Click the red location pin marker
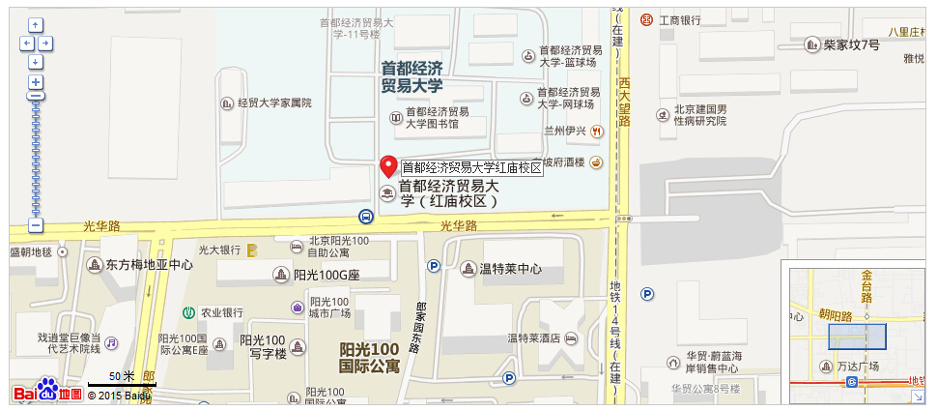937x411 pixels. click(387, 164)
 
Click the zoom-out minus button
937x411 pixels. click(36, 225)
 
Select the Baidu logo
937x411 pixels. click(47, 393)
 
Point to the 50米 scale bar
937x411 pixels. click(121, 385)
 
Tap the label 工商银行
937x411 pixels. click(679, 19)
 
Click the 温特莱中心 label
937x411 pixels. click(510, 269)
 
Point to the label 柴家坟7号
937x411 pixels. click(851, 44)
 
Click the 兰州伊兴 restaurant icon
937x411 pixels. click(597, 131)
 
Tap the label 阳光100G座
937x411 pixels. click(326, 275)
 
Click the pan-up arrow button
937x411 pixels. click(36, 25)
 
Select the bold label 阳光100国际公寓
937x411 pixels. click(369, 357)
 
